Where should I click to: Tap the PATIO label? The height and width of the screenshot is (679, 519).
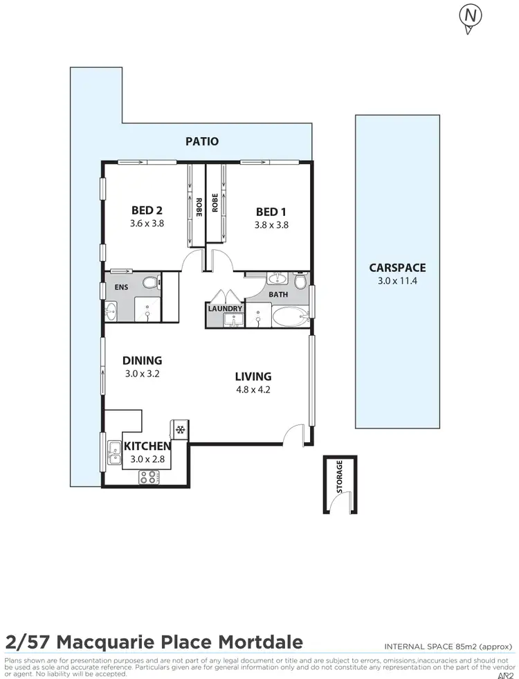(x=202, y=141)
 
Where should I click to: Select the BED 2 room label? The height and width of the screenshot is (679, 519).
(x=146, y=211)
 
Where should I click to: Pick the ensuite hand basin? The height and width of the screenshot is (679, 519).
(x=111, y=312)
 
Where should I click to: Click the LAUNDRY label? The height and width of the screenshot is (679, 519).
(x=225, y=309)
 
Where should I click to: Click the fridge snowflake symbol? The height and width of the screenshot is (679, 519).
(x=181, y=429)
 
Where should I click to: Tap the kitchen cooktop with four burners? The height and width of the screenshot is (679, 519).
(x=149, y=476)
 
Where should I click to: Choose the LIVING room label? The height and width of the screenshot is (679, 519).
(x=253, y=377)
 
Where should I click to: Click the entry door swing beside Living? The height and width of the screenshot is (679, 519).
(x=294, y=434)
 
